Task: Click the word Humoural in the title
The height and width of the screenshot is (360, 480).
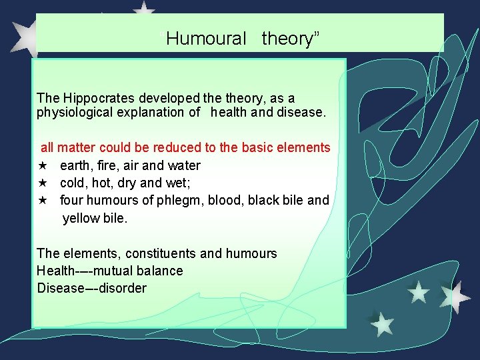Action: coord(206,39)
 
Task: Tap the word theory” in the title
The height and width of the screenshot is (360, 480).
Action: coord(291,39)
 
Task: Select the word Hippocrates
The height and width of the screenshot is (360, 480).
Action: coord(95,98)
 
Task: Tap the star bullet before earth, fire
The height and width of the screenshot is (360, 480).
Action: coord(41,165)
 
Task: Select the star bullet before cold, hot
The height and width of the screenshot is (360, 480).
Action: coord(41,183)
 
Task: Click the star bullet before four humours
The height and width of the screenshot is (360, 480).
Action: coord(41,200)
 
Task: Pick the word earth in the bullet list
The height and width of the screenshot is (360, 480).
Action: coord(75,165)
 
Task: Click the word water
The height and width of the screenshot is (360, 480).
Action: coord(182,165)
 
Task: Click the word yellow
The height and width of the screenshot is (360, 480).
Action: coord(81,217)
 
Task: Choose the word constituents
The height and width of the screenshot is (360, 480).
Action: coord(151,253)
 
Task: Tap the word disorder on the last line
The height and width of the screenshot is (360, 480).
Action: coord(122,288)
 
